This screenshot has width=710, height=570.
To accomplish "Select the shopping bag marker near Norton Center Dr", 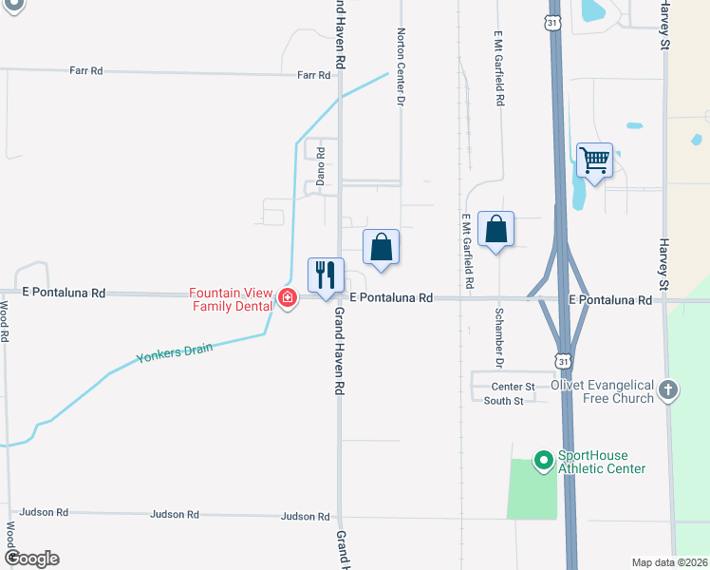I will pyautogui.click(x=381, y=248).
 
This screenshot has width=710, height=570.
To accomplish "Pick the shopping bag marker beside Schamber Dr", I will pyautogui.click(x=495, y=230).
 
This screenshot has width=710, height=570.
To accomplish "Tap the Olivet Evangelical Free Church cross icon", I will pyautogui.click(x=669, y=389).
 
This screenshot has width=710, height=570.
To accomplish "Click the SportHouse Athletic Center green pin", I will pyautogui.click(x=544, y=461).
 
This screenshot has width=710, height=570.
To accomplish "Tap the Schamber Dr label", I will pyautogui.click(x=497, y=336).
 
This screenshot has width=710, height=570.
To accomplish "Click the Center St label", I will pyautogui.click(x=514, y=387).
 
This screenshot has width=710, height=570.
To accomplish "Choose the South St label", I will pyautogui.click(x=504, y=401).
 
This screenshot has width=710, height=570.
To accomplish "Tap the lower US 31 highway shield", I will pyautogui.click(x=563, y=360).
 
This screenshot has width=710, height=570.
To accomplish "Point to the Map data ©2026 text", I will pyautogui.click(x=668, y=562).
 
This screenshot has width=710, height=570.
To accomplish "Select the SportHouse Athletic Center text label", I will pyautogui.click(x=602, y=462).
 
